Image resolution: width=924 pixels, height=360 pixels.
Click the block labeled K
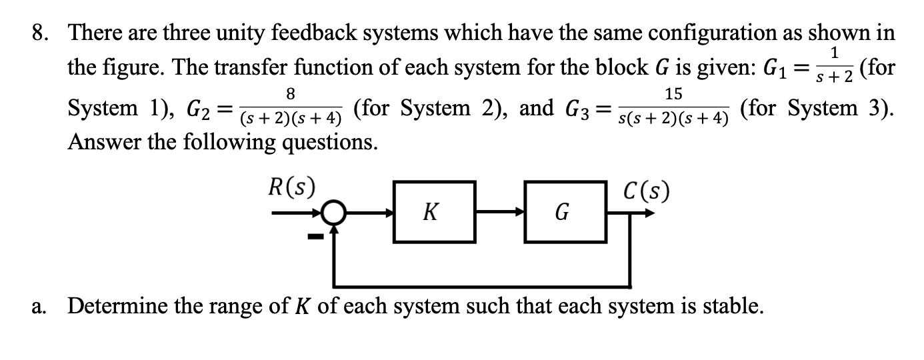[433, 212]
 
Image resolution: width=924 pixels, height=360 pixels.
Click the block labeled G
[563, 212]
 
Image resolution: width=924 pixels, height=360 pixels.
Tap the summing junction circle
[334, 214]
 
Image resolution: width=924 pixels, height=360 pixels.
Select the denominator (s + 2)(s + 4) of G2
[291, 120]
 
